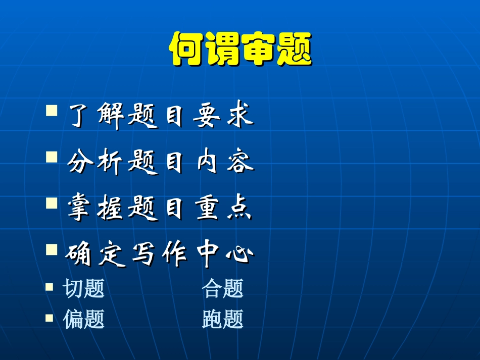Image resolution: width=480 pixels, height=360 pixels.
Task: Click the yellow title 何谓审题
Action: coord(240,49)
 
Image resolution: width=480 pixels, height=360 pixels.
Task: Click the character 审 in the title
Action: coord(258,49)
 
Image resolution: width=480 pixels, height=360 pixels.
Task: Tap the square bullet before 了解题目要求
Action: coord(52,111)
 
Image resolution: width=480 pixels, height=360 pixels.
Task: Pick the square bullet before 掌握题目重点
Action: coord(52,203)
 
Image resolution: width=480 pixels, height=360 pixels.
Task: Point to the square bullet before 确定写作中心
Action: coord(52,249)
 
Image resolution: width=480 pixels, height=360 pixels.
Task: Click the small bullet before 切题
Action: coord(49,287)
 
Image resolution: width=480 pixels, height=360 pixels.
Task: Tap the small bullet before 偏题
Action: coord(49,318)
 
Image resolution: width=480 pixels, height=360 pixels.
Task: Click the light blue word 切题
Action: coord(84,288)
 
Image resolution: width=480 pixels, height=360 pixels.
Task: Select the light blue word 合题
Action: coord(223,288)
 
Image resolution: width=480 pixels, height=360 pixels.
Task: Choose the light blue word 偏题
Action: coord(84,319)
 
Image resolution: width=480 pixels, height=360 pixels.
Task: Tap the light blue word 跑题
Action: coord(223,319)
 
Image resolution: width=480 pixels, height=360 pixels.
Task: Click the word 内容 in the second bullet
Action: coord(224,163)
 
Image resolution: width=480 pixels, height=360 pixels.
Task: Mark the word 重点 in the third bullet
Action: coord(224,209)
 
